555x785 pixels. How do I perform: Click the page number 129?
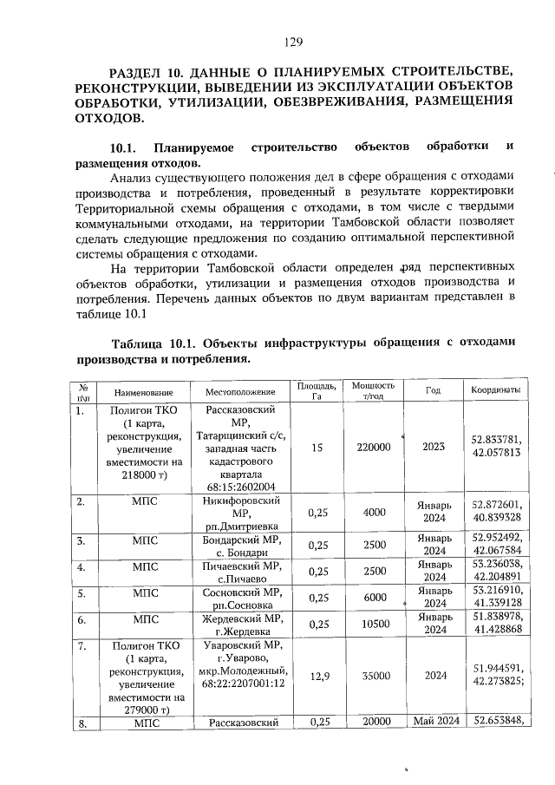click(291, 41)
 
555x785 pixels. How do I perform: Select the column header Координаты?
click(496, 390)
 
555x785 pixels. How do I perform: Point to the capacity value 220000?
click(374, 447)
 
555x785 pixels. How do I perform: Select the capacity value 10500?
click(374, 624)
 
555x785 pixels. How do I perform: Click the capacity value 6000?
click(374, 597)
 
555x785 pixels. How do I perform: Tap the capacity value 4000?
click(374, 512)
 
